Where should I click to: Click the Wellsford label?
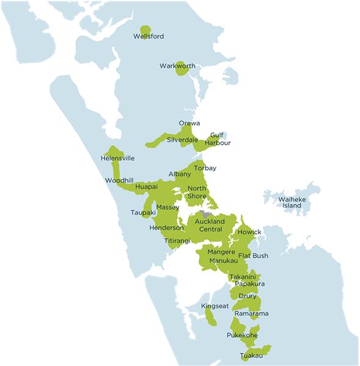(148, 37)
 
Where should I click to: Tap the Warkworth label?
(177, 66)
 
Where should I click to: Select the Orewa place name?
(189, 124)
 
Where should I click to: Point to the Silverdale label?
(182, 140)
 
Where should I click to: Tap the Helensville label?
(117, 159)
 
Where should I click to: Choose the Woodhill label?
(119, 181)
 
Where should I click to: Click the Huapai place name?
(147, 186)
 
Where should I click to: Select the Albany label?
(180, 174)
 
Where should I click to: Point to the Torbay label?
(205, 168)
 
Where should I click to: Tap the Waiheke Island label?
(290, 203)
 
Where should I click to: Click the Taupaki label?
(143, 213)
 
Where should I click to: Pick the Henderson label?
(166, 228)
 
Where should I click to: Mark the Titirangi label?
(177, 241)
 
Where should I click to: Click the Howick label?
(249, 233)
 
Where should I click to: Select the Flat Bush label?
(253, 255)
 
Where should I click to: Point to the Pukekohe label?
(242, 336)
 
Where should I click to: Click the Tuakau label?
(252, 356)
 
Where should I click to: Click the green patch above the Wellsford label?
(145, 29)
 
